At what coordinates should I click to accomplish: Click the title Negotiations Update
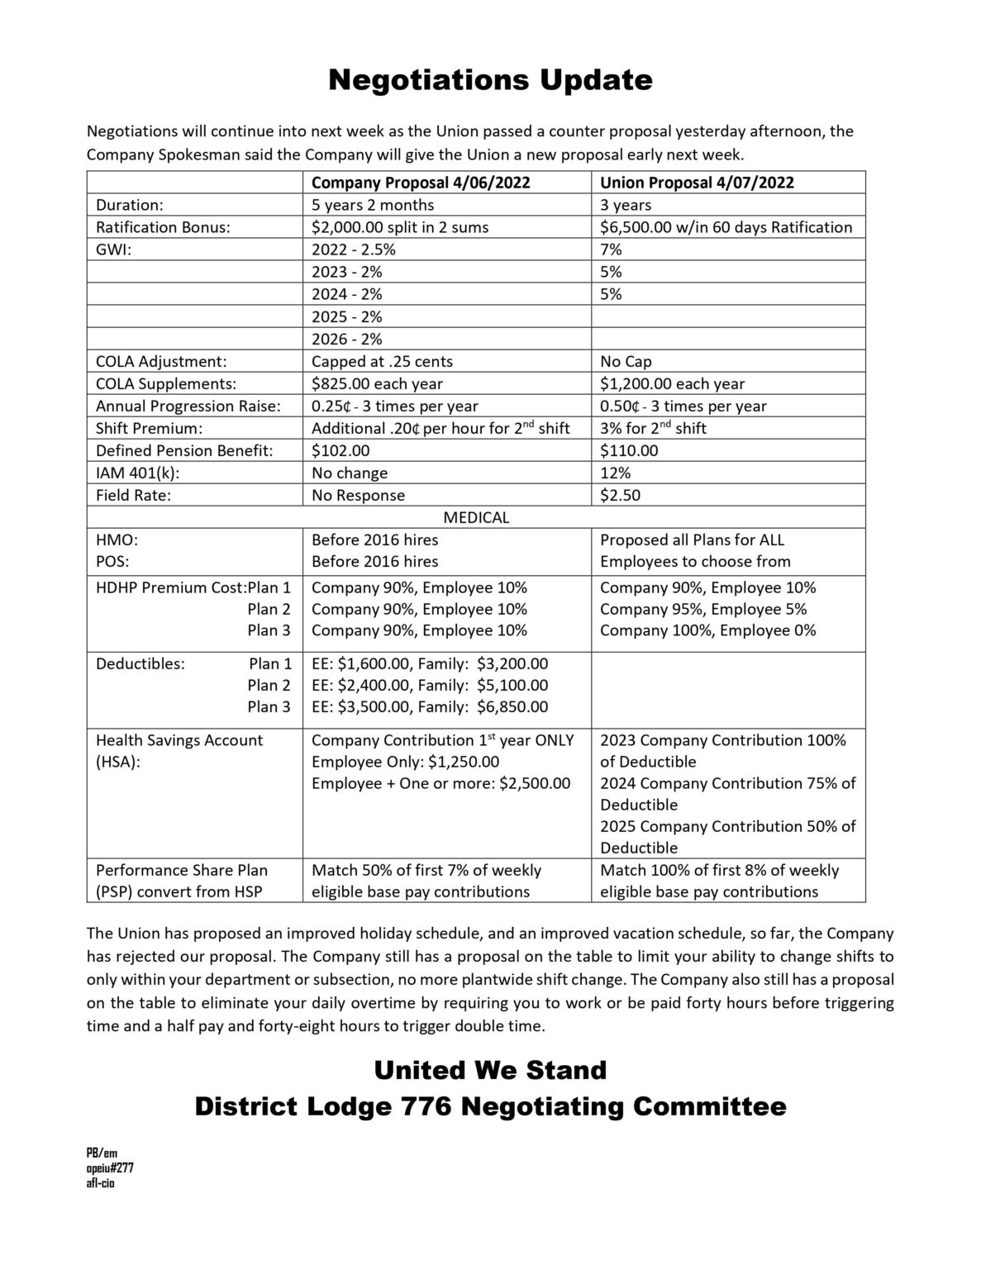pos(490,80)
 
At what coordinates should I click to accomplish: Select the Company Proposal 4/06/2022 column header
pos(421,183)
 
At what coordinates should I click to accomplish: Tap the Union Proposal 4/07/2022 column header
pos(697,183)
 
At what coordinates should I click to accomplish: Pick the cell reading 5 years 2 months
pos(373,205)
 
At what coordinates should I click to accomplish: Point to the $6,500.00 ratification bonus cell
pos(726,227)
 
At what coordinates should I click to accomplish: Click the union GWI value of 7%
pos(611,250)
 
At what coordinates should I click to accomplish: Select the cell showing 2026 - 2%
pos(347,339)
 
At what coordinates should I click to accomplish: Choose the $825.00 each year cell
pos(377,383)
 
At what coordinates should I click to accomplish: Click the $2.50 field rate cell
pos(620,495)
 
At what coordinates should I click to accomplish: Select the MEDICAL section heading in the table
pos(476,517)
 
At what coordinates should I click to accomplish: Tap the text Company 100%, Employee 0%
pos(707,630)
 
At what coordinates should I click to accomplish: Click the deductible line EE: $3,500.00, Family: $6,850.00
pos(430,706)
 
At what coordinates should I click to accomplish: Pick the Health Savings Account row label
pos(179,740)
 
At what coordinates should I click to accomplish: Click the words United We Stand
pos(490,1070)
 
